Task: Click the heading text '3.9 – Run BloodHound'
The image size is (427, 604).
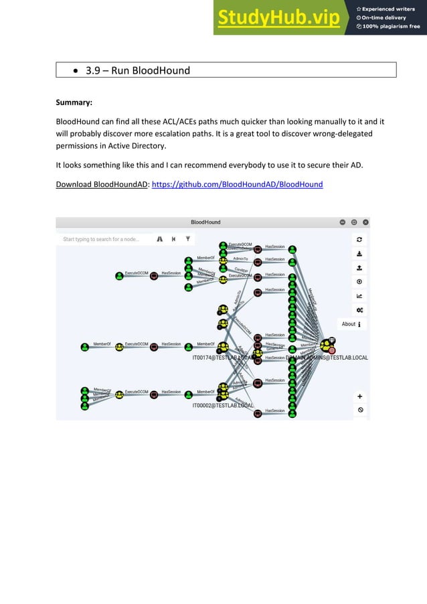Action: [x=138, y=70]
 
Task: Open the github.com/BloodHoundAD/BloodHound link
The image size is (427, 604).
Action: [x=238, y=184]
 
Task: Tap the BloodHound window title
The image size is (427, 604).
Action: [x=205, y=222]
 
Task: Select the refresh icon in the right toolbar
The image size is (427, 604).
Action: [x=359, y=239]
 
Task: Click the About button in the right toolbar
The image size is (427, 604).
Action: [x=352, y=324]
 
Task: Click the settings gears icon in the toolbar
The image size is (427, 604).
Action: [x=359, y=310]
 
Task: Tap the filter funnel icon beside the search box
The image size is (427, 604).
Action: [x=188, y=239]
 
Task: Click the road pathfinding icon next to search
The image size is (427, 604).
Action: [x=160, y=239]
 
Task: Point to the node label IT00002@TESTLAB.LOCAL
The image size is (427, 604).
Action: [x=223, y=405]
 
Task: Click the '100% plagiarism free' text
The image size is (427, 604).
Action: [x=391, y=27]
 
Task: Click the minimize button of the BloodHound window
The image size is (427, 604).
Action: [x=343, y=222]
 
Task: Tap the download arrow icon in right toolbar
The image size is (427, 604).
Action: [x=359, y=254]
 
